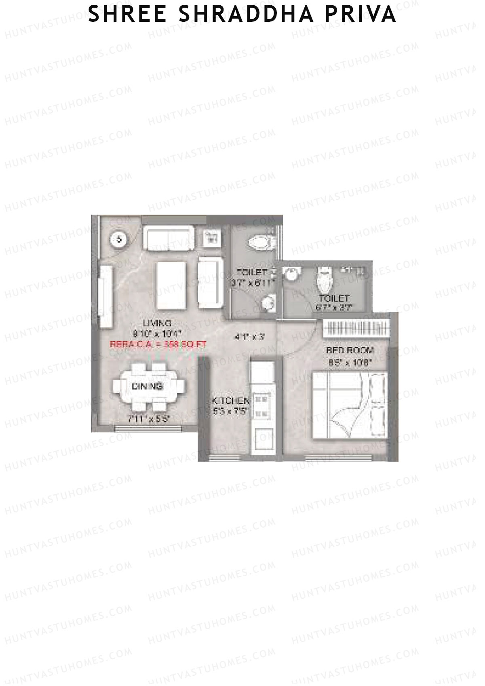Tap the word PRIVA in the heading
coord(361,14)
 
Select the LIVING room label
coord(157,323)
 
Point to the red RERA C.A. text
coord(158,344)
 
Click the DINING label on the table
coord(147,386)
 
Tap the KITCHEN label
coord(230,401)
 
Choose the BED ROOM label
coord(350,350)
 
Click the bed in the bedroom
coord(350,405)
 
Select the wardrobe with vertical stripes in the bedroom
coord(356,327)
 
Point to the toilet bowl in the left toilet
coord(260,242)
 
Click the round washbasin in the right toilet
coord(290,274)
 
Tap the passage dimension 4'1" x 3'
coord(249,336)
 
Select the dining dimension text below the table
coord(148,419)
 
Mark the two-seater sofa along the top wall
coord(169,239)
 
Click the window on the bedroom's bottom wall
coord(338,458)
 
